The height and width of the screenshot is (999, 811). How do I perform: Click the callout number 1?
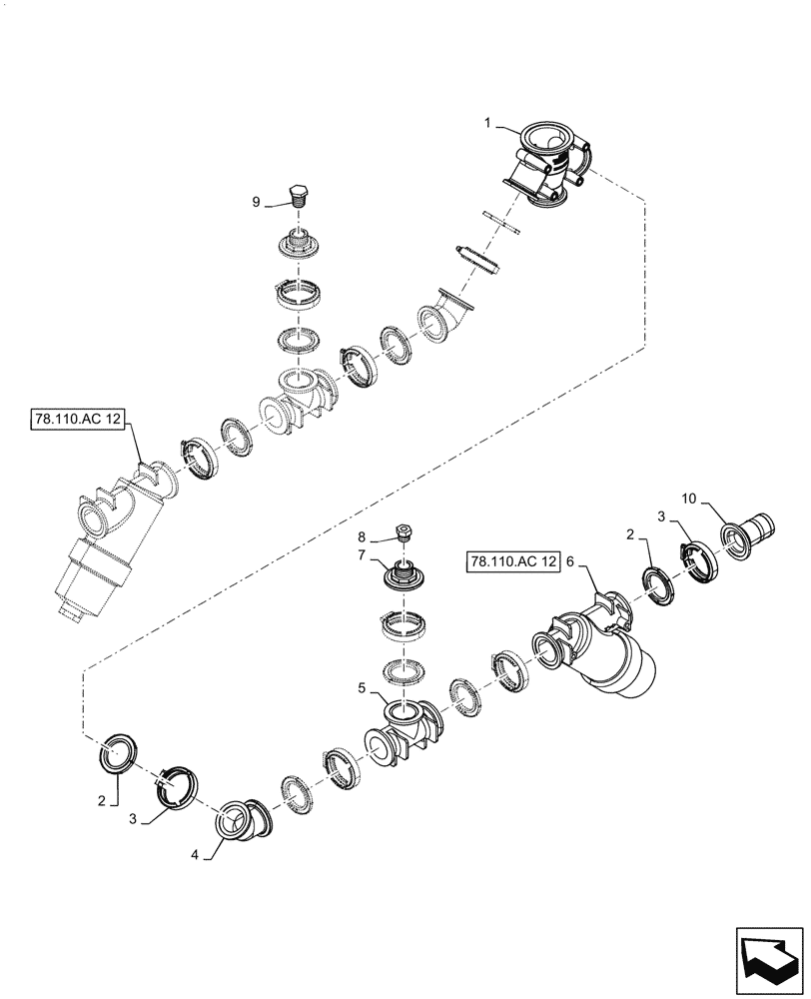click(x=486, y=124)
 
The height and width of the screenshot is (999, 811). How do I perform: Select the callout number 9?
click(x=256, y=202)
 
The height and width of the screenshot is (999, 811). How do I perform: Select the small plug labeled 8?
click(x=405, y=531)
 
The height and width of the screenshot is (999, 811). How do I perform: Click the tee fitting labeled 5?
click(x=406, y=727)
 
